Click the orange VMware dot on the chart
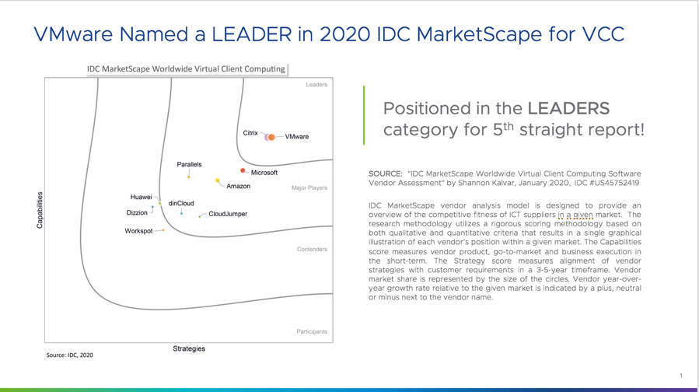tap(271, 137)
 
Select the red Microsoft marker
tap(243, 170)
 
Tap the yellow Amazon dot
tap(218, 180)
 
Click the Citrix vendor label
tap(250, 133)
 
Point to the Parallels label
tap(189, 164)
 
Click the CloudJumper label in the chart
tap(228, 214)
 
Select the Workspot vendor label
tap(138, 231)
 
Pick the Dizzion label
tap(137, 213)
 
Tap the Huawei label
tap(141, 197)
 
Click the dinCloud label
tap(181, 203)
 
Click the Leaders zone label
tap(316, 85)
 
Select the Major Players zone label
tap(309, 187)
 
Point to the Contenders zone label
tap(312, 250)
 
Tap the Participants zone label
tap(312, 331)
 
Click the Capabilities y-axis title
tap(40, 210)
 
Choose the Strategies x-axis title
tap(189, 348)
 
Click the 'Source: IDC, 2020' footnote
tap(69, 355)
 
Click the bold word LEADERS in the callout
tap(568, 108)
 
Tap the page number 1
tap(681, 376)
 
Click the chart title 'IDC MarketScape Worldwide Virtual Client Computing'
tap(186, 68)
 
